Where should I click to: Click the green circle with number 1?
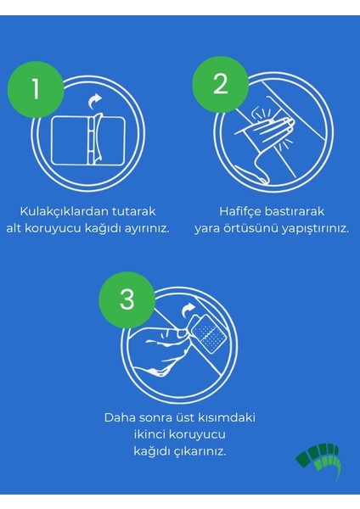[x=35, y=89]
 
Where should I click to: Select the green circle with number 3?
[x=127, y=299]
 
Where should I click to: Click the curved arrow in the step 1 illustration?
[x=95, y=103]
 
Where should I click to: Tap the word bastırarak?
[x=293, y=211]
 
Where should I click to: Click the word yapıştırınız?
[x=312, y=229]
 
